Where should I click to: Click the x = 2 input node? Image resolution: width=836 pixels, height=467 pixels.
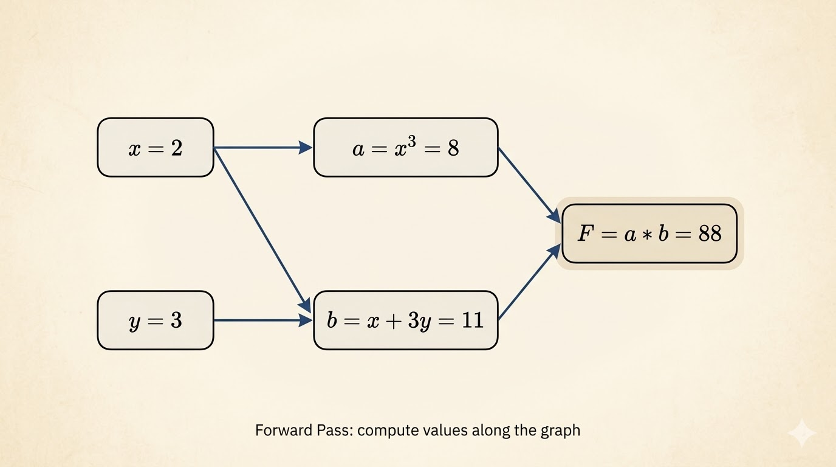[x=156, y=148]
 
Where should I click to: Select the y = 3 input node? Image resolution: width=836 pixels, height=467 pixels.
[x=156, y=320]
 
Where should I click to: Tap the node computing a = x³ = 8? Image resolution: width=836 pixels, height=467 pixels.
[x=405, y=148]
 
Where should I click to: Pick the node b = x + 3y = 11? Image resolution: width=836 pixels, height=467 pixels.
[x=405, y=320]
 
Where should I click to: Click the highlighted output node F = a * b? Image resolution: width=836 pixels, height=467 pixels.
[x=649, y=233]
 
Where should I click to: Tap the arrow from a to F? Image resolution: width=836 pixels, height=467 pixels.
[x=527, y=184]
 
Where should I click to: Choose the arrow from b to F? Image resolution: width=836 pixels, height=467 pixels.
[x=527, y=283]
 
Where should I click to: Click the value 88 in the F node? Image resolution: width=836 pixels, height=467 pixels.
[x=710, y=234]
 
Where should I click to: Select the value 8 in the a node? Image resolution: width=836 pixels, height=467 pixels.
[x=453, y=148]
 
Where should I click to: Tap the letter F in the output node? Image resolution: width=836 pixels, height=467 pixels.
[x=584, y=234]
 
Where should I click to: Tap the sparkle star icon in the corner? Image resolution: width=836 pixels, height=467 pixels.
[x=801, y=432]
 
